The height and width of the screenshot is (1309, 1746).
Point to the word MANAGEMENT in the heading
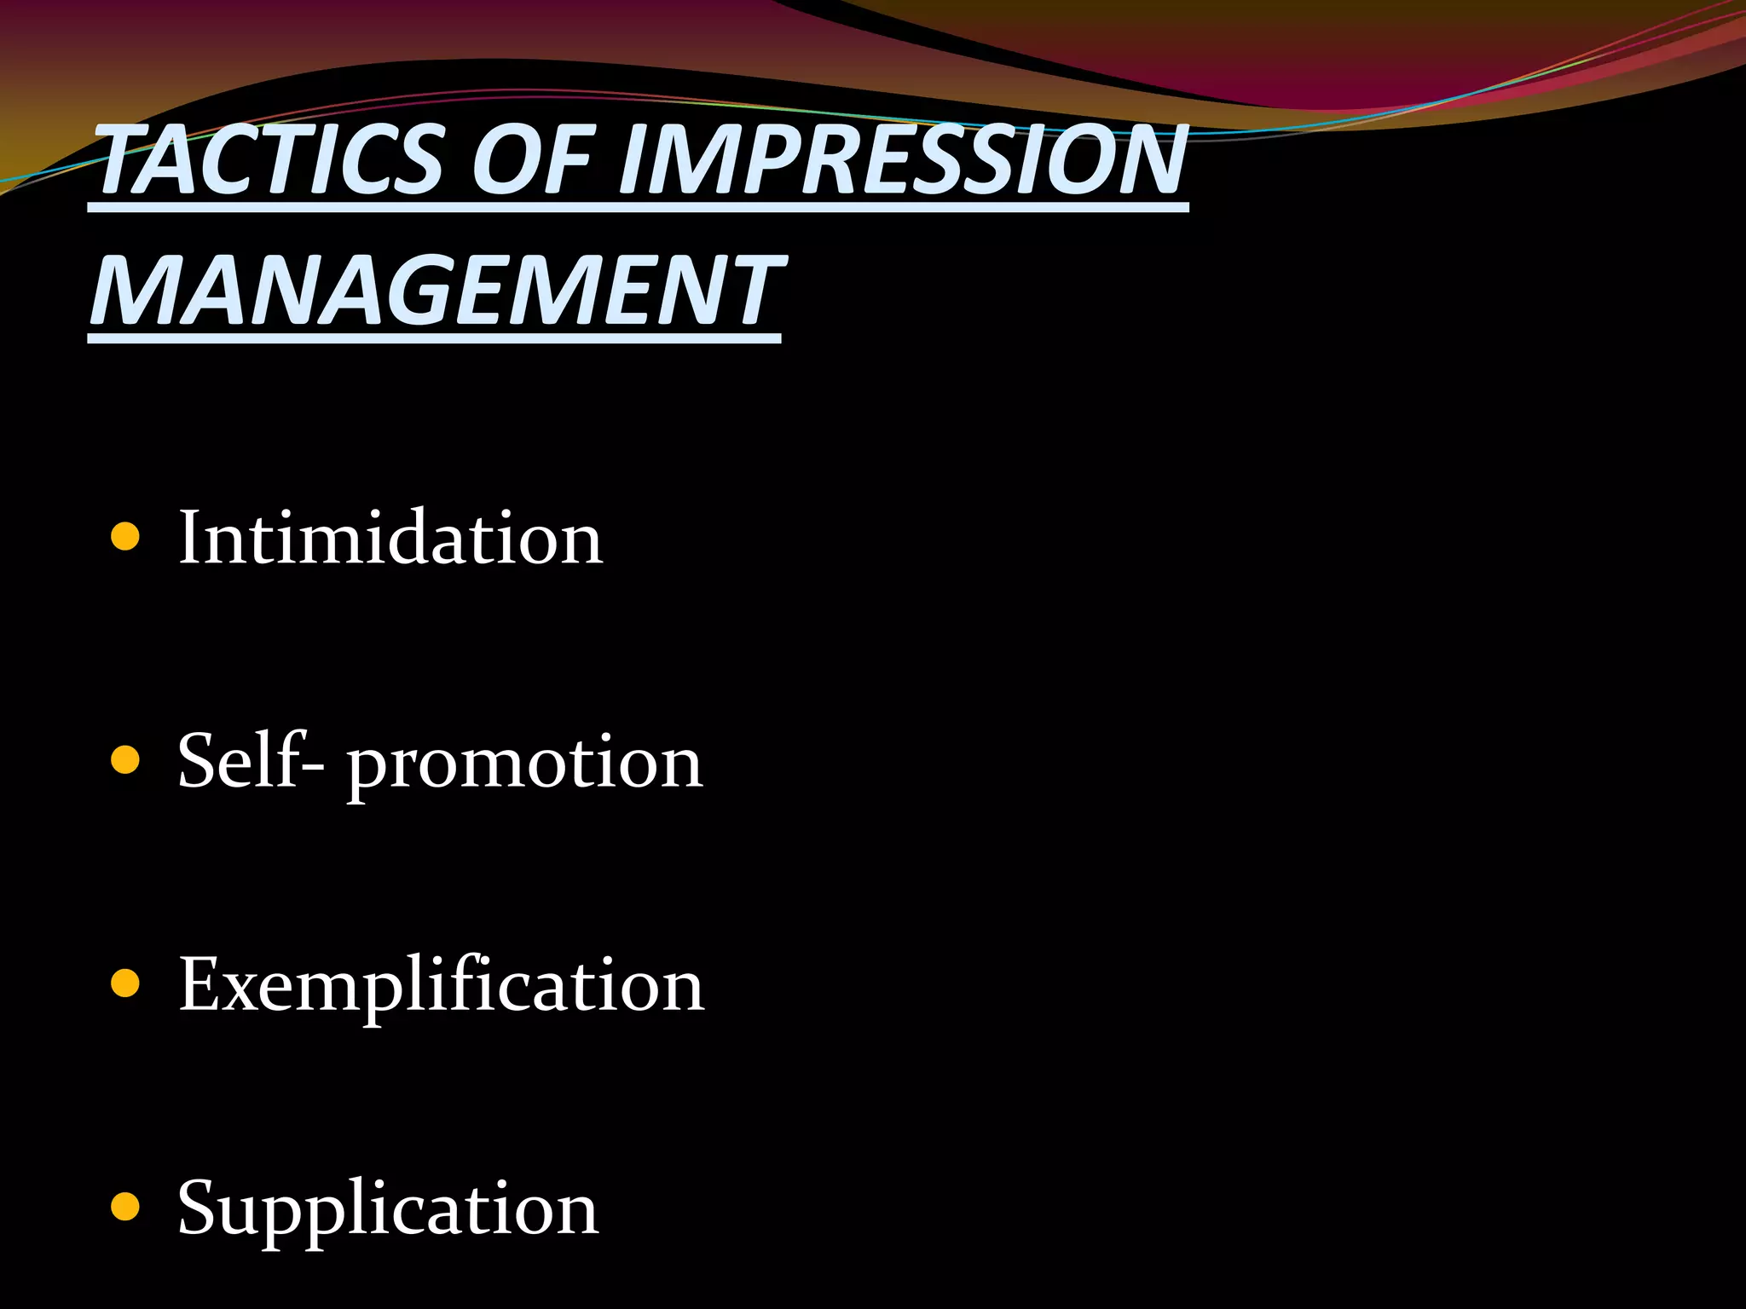[436, 291]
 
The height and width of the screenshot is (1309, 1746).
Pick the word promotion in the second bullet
[524, 764]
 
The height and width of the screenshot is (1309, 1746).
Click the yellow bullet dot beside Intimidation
[125, 538]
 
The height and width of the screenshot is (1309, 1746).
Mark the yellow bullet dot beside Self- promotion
[125, 760]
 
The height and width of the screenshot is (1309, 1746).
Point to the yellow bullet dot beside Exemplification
[125, 983]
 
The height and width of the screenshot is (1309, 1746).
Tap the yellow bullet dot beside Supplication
[125, 1207]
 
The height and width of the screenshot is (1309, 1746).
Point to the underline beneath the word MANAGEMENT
[434, 338]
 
